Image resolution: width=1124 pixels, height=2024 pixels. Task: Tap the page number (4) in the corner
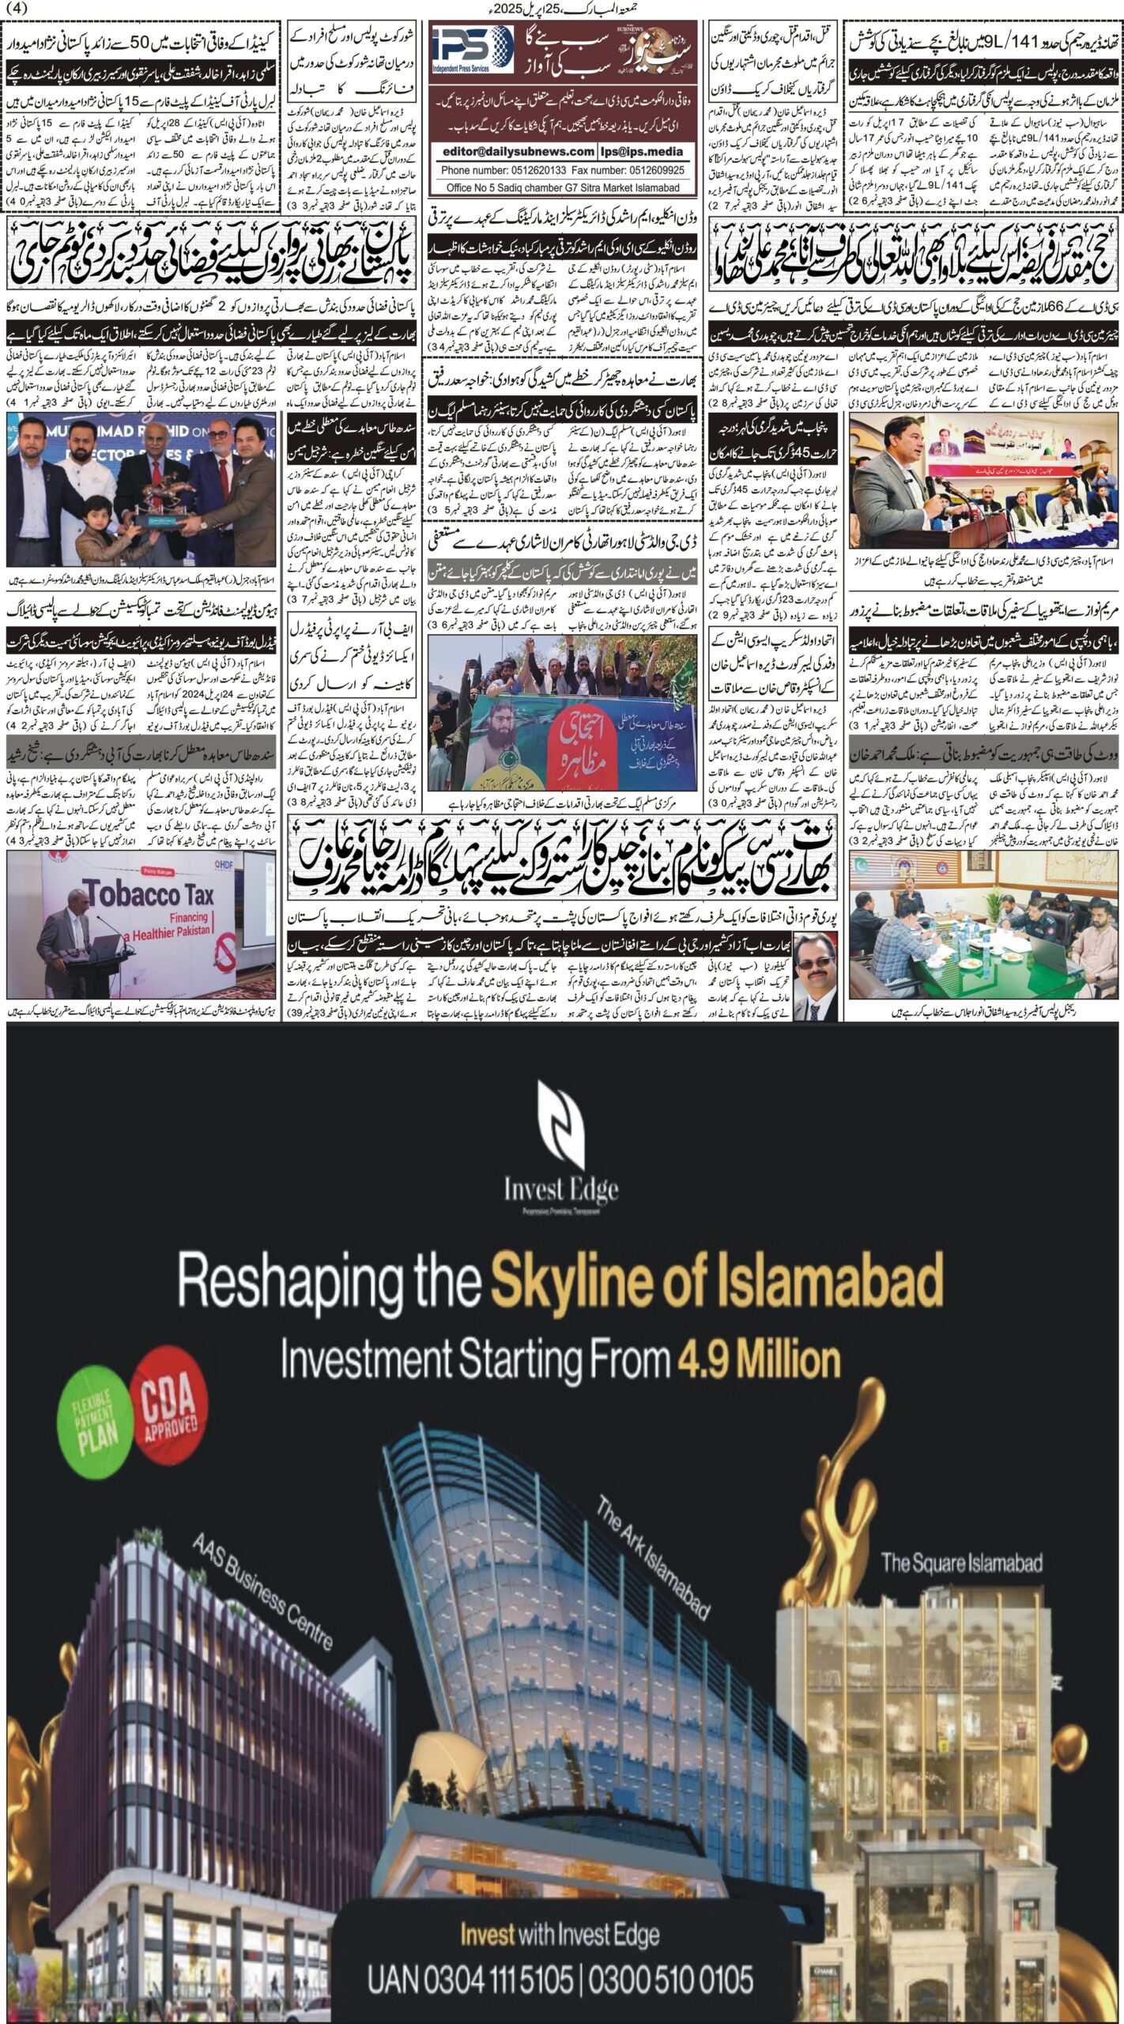(16, 8)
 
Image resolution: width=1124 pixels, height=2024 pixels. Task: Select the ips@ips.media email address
(643, 151)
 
